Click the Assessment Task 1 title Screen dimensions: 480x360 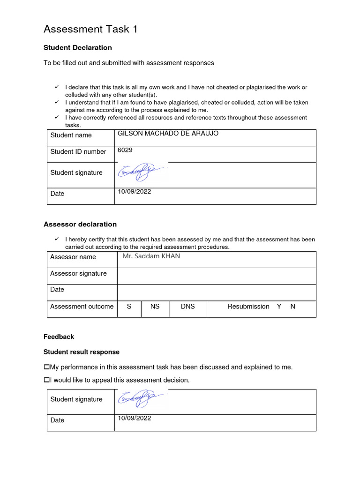coord(90,30)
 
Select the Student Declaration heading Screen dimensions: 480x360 coord(77,48)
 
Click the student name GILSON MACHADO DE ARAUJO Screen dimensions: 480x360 coord(167,134)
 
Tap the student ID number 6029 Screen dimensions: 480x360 coord(125,151)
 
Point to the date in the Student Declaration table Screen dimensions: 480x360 coord(134,191)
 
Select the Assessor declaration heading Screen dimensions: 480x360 coord(80,224)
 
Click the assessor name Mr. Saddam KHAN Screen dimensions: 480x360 coord(151,256)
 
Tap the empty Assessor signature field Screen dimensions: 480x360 coord(216,276)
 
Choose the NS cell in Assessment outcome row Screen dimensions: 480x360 coord(155,307)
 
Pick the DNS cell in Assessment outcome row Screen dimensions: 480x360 coord(187,307)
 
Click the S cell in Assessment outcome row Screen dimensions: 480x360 coord(129,307)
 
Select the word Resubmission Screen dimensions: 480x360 coord(248,307)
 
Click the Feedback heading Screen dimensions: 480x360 coord(59,337)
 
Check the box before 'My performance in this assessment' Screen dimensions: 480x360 coord(46,367)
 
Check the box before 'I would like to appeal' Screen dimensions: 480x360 coord(46,380)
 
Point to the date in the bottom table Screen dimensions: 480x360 coord(134,418)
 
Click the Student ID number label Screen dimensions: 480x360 coord(78,151)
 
